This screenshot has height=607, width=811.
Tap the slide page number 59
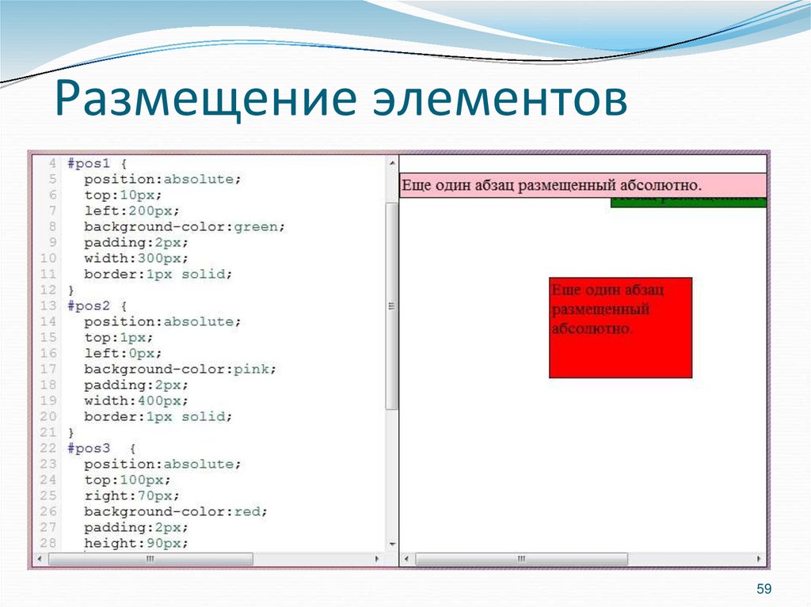coord(763,589)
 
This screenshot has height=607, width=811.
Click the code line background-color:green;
coord(185,226)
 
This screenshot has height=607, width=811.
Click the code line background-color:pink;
coord(181,369)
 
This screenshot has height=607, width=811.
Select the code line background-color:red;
coord(176,511)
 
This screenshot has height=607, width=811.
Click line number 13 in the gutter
coord(48,305)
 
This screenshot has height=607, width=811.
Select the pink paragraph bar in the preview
coord(582,185)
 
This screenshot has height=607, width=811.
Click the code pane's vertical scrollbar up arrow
coord(391,163)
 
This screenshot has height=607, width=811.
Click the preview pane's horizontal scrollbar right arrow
coord(760,560)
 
